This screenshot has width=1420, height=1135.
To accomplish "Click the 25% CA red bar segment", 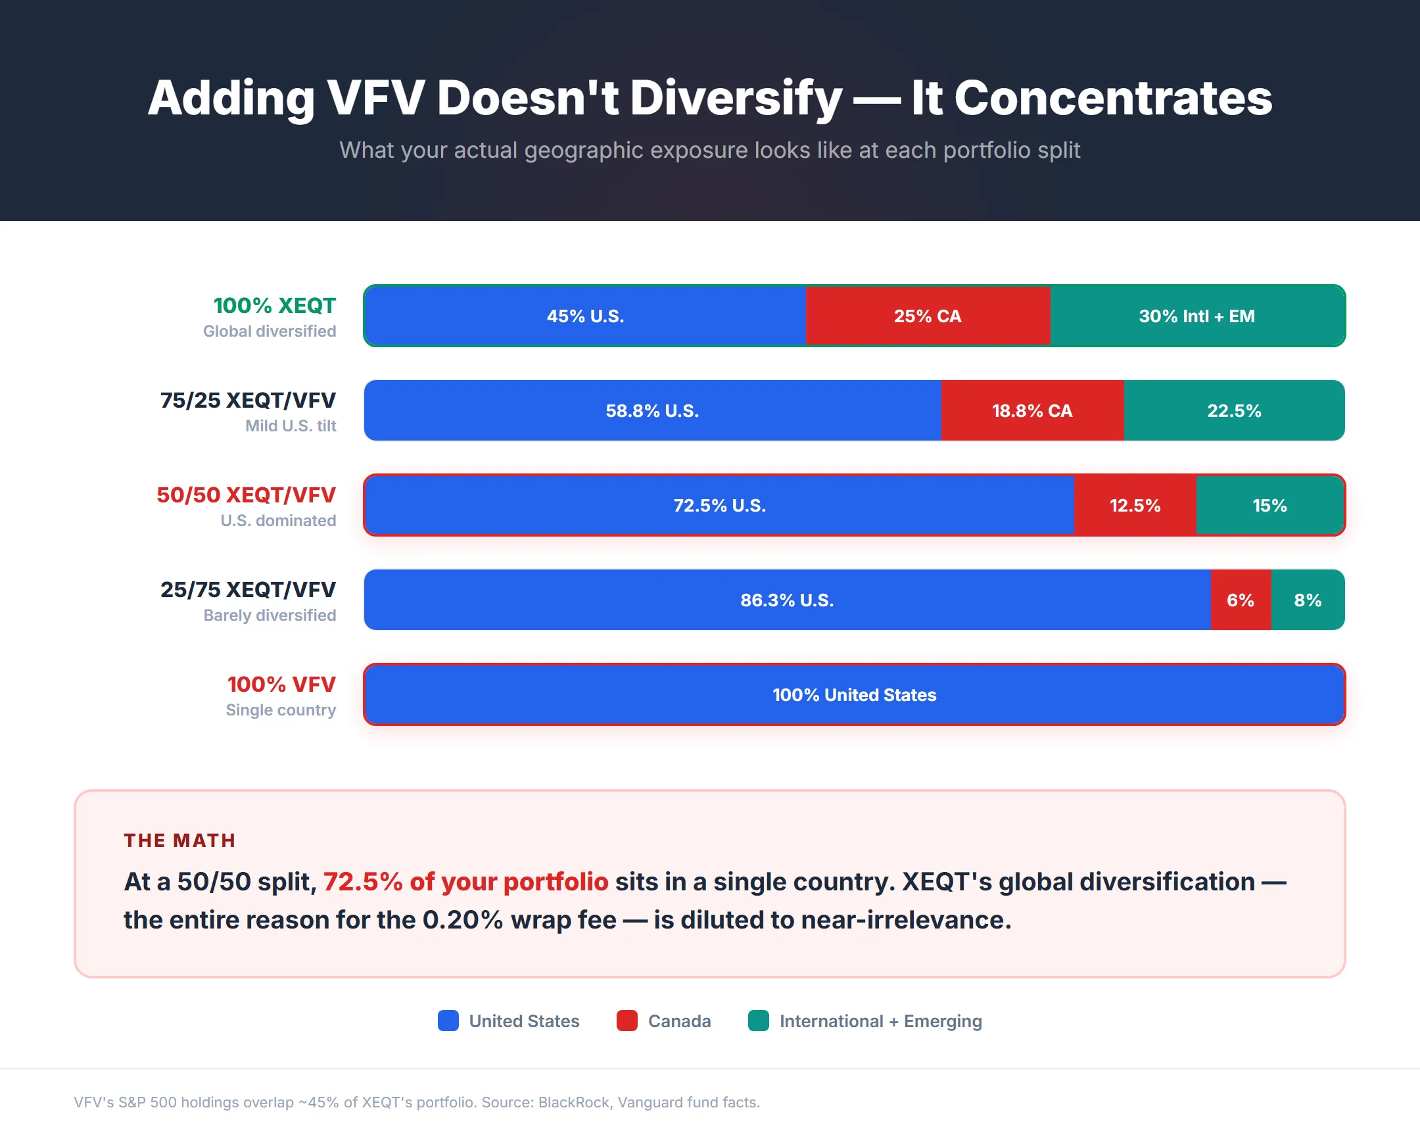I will coord(928,316).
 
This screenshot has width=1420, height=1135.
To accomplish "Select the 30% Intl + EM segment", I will coord(1196,316).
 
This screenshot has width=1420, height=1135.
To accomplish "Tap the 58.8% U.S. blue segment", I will coord(652,410).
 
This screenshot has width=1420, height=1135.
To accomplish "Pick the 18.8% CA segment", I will coord(1032,410).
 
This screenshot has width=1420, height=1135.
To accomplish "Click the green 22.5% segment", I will coord(1233,410).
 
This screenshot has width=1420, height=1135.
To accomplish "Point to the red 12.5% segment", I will coord(1135,505).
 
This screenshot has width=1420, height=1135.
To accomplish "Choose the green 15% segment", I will coord(1269,505).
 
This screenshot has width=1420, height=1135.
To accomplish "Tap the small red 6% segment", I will coord(1240,600).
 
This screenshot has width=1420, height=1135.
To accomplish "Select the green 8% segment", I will coord(1308,600).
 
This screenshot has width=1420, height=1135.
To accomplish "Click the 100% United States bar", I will coord(854,694).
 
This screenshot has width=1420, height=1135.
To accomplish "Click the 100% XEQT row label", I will coord(274,306).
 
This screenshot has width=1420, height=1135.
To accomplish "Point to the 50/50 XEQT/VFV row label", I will coord(246,495).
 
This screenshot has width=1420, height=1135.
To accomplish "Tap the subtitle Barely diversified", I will coord(270,616).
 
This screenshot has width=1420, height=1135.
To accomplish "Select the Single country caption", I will coord(281,710).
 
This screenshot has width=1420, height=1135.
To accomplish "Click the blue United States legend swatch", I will coord(448,1021).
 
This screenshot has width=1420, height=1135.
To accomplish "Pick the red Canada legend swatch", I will coord(627,1021).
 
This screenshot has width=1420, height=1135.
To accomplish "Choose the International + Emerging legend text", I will coord(880,1021).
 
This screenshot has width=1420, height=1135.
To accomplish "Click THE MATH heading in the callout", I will coord(179,840).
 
